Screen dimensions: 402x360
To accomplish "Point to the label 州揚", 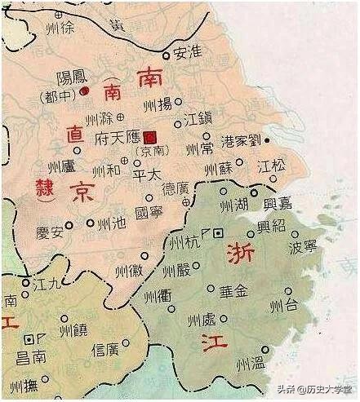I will coord(158,103).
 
